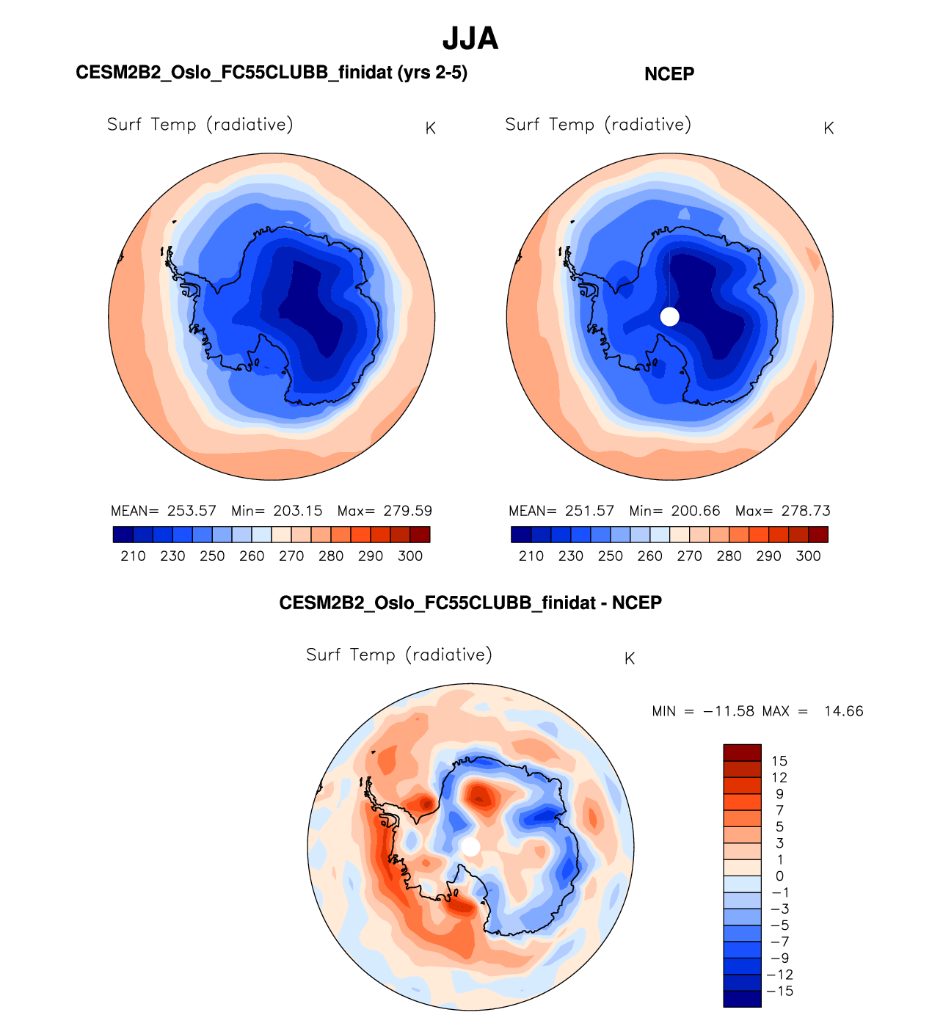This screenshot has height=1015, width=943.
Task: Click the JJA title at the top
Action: [470, 39]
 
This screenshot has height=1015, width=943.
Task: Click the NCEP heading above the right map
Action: [669, 74]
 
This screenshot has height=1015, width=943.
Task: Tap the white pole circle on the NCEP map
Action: [669, 316]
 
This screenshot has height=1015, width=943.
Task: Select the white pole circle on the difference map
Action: [470, 847]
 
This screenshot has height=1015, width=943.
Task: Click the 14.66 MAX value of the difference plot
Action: [844, 711]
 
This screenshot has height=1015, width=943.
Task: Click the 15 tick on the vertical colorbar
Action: [779, 761]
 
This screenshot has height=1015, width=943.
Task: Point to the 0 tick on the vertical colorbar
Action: [779, 876]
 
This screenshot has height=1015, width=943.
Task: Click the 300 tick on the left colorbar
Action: [410, 556]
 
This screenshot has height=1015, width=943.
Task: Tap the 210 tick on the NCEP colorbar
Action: [531, 556]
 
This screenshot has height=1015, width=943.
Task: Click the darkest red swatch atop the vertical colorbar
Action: [742, 752]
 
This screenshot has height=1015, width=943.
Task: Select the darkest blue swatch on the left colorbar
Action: [123, 534]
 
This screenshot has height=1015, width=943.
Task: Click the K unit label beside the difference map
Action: [629, 659]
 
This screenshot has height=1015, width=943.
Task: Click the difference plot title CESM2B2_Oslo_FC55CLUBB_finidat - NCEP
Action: [470, 603]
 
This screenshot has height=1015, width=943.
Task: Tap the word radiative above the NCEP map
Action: [649, 125]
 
